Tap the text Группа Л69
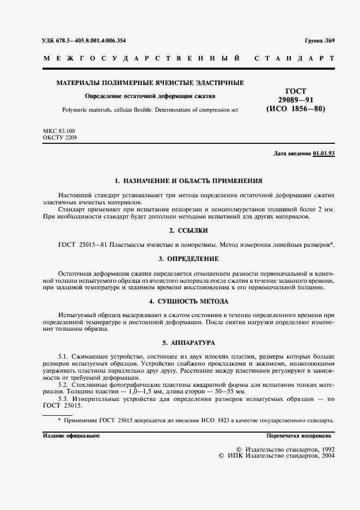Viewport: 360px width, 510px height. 319,41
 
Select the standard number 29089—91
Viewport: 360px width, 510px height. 296,100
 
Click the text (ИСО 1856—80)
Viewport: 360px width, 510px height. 296,109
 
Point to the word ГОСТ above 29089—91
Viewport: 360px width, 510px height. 296,91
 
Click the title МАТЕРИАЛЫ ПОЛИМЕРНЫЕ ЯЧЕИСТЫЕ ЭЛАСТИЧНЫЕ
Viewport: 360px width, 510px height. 150,83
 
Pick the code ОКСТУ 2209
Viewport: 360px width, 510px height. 60,138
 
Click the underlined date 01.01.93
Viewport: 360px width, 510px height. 324,154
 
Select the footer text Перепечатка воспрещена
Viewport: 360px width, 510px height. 300,436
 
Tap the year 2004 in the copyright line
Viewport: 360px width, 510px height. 327,456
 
